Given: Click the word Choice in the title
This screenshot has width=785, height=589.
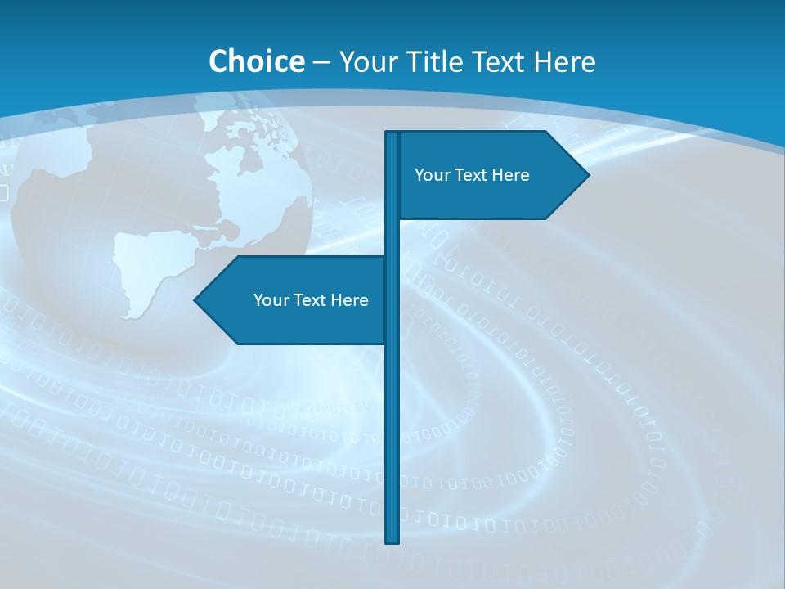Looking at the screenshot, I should pos(256,61).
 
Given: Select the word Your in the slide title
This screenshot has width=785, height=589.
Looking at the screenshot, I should pos(368,61).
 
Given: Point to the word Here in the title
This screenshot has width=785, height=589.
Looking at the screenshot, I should pos(563,61).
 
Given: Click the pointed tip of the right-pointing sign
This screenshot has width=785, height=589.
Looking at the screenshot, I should pos(587,175).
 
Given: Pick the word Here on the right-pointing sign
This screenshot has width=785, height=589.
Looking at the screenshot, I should pos(510,175).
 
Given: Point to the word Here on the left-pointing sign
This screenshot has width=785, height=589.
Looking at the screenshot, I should pos(349,300).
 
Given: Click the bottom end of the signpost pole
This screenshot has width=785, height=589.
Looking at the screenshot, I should pos(392,540).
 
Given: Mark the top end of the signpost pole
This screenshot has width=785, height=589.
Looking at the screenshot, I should pos(392,134).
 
